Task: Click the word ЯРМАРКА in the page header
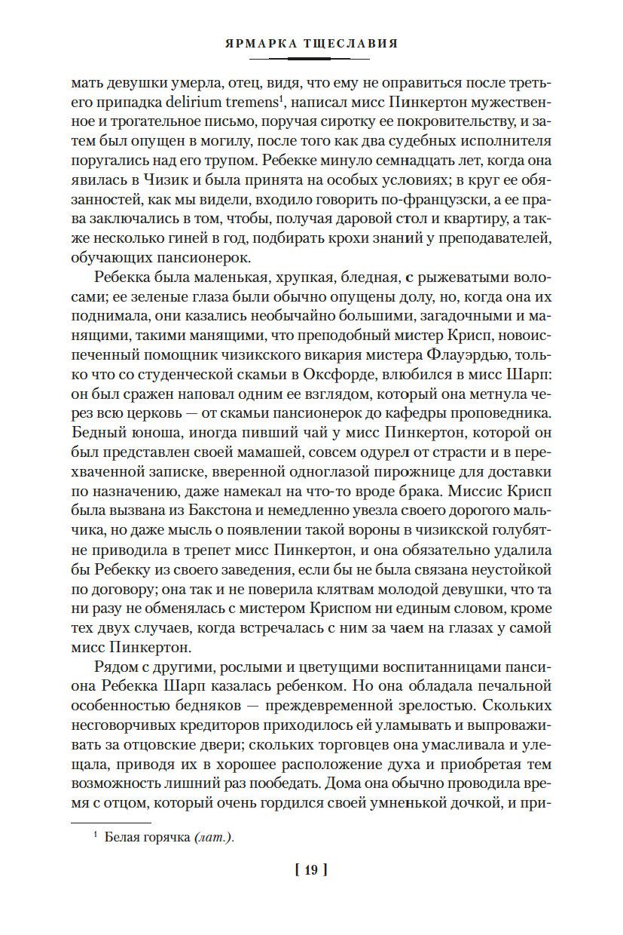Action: (258, 44)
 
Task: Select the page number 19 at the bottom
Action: (311, 870)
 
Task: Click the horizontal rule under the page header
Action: (311, 60)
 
